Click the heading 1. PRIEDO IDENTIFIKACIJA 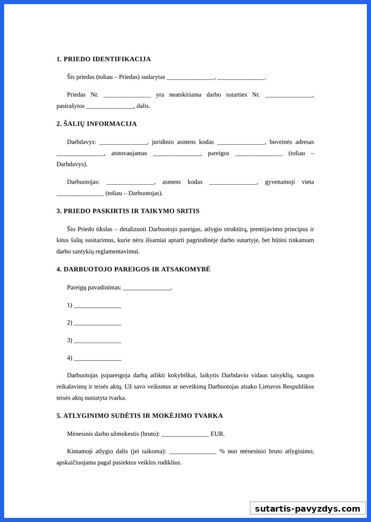[x=104, y=59]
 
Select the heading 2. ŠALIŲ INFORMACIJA [x=96, y=124]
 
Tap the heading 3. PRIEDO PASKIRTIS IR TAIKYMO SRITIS [x=128, y=211]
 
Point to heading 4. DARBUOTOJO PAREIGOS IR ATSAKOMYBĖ [x=133, y=269]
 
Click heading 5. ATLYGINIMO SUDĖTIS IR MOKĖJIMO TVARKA [x=140, y=416]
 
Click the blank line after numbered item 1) [x=97, y=306]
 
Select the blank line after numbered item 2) [x=97, y=323]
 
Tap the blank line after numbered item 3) [x=97, y=341]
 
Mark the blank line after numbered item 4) [x=97, y=358]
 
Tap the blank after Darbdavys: [x=123, y=142]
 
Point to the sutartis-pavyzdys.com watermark [x=307, y=509]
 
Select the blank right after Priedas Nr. [x=127, y=95]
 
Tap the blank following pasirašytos [x=110, y=106]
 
